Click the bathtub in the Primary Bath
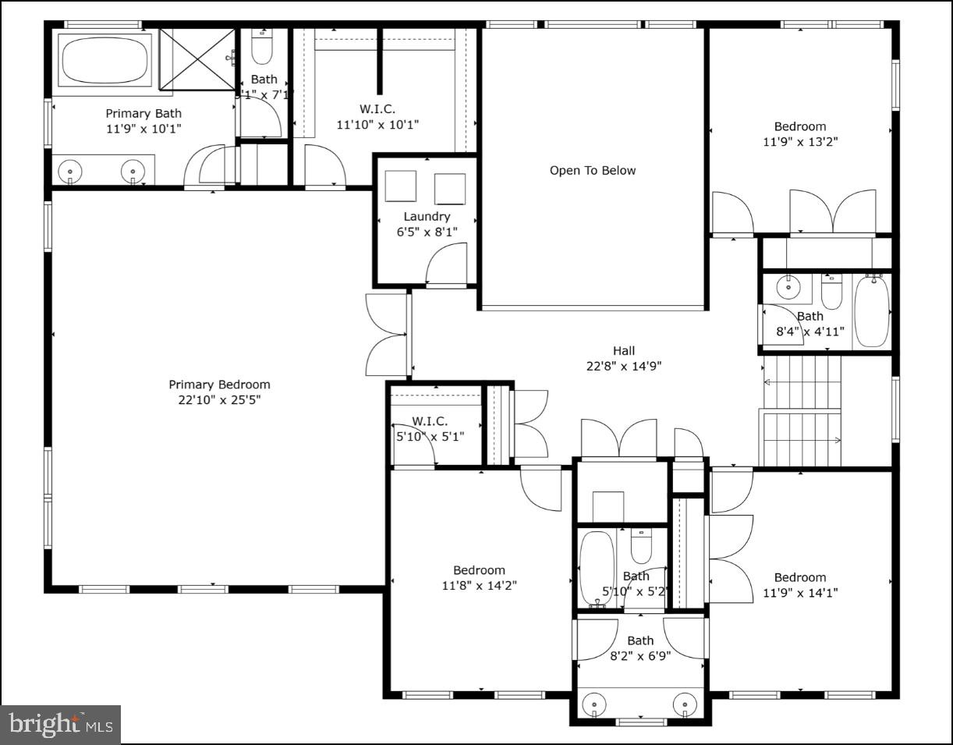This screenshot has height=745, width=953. tap(105, 59)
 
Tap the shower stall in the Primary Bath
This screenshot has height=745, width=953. tap(197, 59)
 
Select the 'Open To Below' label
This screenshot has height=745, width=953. tap(593, 171)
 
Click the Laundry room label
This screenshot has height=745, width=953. tap(427, 216)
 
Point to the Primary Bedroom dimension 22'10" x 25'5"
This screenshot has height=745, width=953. tap(219, 400)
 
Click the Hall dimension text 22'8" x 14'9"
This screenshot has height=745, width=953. tap(623, 366)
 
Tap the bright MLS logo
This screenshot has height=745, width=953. tap(61, 725)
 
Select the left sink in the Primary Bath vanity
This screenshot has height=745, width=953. tap(71, 169)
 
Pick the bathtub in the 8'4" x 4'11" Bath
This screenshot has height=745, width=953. tap(871, 311)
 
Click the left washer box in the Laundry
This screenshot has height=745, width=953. tap(401, 186)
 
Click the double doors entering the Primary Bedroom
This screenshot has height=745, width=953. tap(388, 335)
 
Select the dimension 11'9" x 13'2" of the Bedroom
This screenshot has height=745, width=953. tap(799, 142)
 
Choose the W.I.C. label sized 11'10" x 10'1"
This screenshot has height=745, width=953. tap(377, 124)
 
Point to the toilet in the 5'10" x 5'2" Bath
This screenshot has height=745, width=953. tap(641, 546)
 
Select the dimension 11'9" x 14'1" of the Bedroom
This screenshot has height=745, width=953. tap(799, 593)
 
